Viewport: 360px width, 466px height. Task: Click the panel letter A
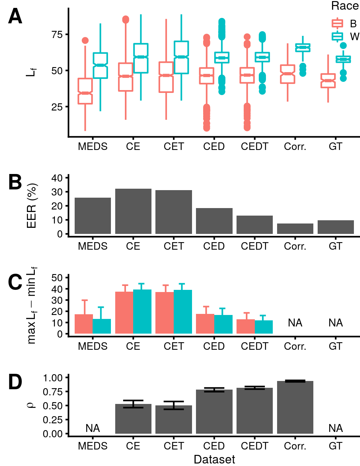tap(15, 17)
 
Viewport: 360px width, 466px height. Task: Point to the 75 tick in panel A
tap(57, 35)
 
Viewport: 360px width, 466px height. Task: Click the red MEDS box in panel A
tap(85, 91)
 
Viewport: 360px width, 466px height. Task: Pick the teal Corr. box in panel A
tap(303, 48)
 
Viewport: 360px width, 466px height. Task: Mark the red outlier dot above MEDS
tap(85, 41)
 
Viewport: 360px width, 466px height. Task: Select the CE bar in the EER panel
tap(133, 211)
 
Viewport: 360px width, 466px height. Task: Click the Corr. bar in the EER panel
tap(295, 229)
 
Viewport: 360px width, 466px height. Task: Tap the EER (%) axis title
tap(32, 206)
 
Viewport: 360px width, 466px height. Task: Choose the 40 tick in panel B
tap(57, 178)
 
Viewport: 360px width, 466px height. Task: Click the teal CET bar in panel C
tap(183, 312)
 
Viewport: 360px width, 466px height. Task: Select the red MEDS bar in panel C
tap(84, 324)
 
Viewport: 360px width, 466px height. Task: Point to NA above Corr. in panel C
tap(295, 323)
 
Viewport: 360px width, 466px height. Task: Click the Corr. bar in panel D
tap(295, 407)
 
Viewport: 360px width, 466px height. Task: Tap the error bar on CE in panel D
tap(133, 404)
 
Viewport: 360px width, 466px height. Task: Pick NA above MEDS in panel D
tap(93, 428)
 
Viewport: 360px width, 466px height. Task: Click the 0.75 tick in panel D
tap(53, 392)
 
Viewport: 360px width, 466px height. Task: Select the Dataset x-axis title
tap(214, 460)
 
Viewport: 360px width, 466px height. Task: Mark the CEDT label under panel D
tap(254, 446)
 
